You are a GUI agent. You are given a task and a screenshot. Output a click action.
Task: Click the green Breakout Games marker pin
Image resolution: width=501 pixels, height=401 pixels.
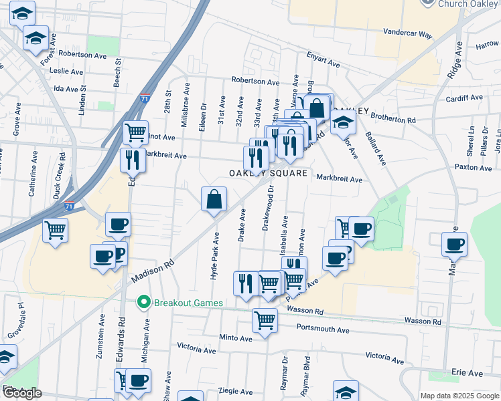coord(143,303)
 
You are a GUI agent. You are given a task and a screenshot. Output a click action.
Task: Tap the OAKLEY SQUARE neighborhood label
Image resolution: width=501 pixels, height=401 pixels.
coord(268,173)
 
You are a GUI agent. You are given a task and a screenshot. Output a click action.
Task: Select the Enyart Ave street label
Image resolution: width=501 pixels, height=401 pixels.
coord(324,61)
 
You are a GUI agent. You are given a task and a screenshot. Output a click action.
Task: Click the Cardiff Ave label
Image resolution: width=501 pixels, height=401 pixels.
coord(463,98)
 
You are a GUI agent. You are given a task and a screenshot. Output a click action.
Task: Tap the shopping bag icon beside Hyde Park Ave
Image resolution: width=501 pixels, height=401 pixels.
coord(214,199)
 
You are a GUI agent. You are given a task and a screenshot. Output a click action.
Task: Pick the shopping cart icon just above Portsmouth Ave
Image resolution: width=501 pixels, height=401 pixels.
coord(265,321)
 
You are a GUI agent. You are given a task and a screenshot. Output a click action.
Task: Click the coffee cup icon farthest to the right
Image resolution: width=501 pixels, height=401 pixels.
coord(454,245)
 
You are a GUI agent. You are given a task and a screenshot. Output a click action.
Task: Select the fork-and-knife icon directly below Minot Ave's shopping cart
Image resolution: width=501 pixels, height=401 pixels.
coord(133,160)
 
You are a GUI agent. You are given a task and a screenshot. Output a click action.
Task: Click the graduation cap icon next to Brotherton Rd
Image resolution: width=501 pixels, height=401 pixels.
coord(343,122)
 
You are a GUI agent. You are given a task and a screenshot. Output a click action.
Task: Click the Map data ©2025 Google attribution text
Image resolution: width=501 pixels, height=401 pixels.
coord(459,396)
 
